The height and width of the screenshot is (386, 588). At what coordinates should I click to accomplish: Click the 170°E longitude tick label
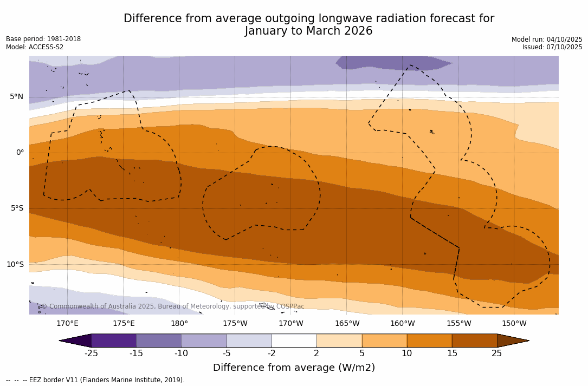(67, 324)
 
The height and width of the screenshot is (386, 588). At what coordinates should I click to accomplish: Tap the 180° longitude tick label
(179, 324)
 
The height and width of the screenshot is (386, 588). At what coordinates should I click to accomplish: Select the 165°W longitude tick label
(347, 324)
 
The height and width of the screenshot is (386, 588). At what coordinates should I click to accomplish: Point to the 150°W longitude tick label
(514, 324)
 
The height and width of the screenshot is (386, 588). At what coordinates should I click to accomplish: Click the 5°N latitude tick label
(16, 97)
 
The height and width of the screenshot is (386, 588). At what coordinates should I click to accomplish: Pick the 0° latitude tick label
(20, 153)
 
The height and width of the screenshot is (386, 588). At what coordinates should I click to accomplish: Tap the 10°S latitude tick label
(15, 265)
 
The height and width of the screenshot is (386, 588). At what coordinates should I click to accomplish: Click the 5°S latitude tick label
(16, 208)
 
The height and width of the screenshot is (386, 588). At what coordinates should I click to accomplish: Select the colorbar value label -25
(91, 354)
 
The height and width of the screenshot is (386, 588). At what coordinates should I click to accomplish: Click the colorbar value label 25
(496, 354)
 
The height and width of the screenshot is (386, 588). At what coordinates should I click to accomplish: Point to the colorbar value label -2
(272, 354)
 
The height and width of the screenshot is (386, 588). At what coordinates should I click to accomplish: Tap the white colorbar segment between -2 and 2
(294, 341)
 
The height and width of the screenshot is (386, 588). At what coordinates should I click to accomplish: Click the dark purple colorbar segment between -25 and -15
(114, 341)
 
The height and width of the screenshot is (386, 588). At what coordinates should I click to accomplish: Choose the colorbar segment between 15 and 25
(474, 341)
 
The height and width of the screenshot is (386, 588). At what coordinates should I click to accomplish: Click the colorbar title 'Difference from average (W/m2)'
(294, 368)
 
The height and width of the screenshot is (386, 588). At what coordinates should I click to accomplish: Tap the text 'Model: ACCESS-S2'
(35, 47)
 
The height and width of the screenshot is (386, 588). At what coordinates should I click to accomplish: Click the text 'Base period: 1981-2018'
(43, 39)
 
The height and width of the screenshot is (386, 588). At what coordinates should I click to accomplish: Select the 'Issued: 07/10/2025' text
(552, 47)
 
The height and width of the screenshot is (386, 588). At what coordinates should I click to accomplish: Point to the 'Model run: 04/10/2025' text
(547, 40)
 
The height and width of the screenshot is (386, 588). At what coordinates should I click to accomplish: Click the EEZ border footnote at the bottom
(95, 380)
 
